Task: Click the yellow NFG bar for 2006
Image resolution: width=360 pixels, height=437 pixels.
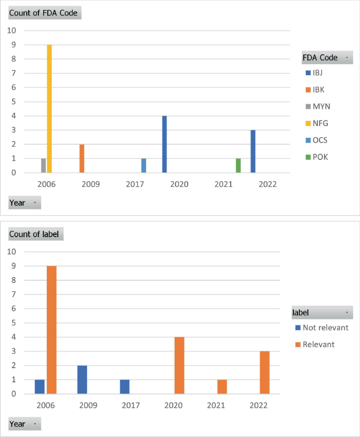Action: (49, 109)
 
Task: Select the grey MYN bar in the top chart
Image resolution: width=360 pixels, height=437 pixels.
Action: (44, 166)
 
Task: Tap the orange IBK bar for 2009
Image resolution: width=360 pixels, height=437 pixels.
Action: (81, 158)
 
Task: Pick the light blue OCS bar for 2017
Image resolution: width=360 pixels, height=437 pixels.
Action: (143, 166)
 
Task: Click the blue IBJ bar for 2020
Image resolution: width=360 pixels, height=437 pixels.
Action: (164, 144)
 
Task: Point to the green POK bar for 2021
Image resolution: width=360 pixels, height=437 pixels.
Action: (238, 166)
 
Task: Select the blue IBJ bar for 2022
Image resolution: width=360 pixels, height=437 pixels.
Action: (253, 151)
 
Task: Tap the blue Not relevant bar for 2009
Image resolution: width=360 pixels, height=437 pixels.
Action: (83, 379)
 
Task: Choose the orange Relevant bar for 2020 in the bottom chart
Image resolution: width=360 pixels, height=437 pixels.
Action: (179, 365)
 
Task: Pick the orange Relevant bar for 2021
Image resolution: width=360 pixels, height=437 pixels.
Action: (222, 387)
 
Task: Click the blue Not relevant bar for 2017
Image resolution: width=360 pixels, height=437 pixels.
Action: (125, 387)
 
